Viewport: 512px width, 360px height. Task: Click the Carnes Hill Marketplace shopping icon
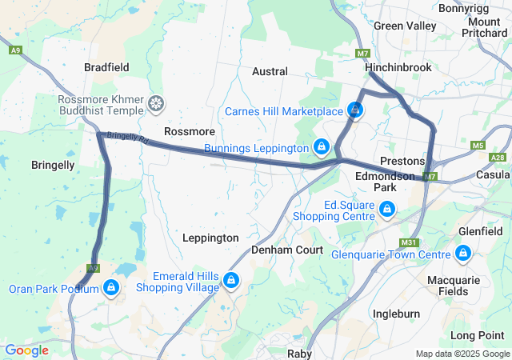[354, 110]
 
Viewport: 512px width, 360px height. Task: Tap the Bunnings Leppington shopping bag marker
[321, 147]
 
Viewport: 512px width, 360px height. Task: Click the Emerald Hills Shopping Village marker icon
[230, 280]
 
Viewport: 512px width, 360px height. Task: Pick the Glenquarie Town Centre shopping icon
[462, 254]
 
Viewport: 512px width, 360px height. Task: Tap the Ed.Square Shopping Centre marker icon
[387, 210]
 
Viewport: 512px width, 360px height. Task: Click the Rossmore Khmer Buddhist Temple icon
[155, 104]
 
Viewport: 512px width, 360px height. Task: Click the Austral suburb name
[270, 71]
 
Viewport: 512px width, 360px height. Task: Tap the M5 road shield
[478, 145]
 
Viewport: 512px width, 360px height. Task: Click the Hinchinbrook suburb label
[399, 69]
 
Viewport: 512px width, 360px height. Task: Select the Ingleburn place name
[396, 314]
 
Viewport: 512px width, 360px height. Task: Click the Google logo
[26, 350]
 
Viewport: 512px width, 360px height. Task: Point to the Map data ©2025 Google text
[462, 354]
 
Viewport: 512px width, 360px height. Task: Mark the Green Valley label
[405, 26]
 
